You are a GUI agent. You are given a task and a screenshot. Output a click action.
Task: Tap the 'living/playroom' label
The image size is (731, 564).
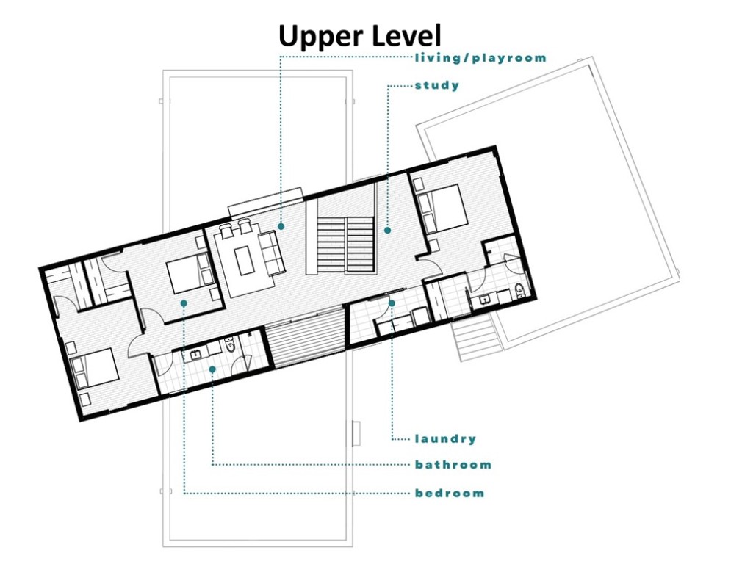tap(480, 58)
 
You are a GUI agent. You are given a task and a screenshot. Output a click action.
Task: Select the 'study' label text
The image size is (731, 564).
tap(437, 85)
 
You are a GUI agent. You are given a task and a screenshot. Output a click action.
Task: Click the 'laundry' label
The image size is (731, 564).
tap(446, 438)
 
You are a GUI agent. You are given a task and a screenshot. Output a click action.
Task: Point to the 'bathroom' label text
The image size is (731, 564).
tap(453, 465)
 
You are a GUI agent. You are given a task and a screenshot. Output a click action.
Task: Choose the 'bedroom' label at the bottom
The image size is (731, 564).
tap(450, 493)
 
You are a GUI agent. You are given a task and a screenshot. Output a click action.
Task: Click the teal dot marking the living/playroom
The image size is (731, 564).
tap(281, 226)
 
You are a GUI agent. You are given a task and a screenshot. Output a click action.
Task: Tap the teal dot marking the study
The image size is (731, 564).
tap(387, 230)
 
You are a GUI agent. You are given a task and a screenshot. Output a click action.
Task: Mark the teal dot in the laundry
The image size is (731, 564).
tap(392, 303)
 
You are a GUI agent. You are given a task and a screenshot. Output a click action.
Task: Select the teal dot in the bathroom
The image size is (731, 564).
tap(212, 369)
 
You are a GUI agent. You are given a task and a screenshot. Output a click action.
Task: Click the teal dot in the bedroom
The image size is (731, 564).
tap(184, 303)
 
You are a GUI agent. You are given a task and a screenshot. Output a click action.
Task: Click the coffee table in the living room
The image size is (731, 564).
tap(243, 261)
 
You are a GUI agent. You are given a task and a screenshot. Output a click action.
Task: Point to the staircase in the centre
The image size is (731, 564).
tap(346, 244)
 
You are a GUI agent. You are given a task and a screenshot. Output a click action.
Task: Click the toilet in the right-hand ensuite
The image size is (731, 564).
tap(519, 291)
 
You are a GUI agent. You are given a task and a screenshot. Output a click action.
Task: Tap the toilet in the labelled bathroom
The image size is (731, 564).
tap(230, 345)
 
